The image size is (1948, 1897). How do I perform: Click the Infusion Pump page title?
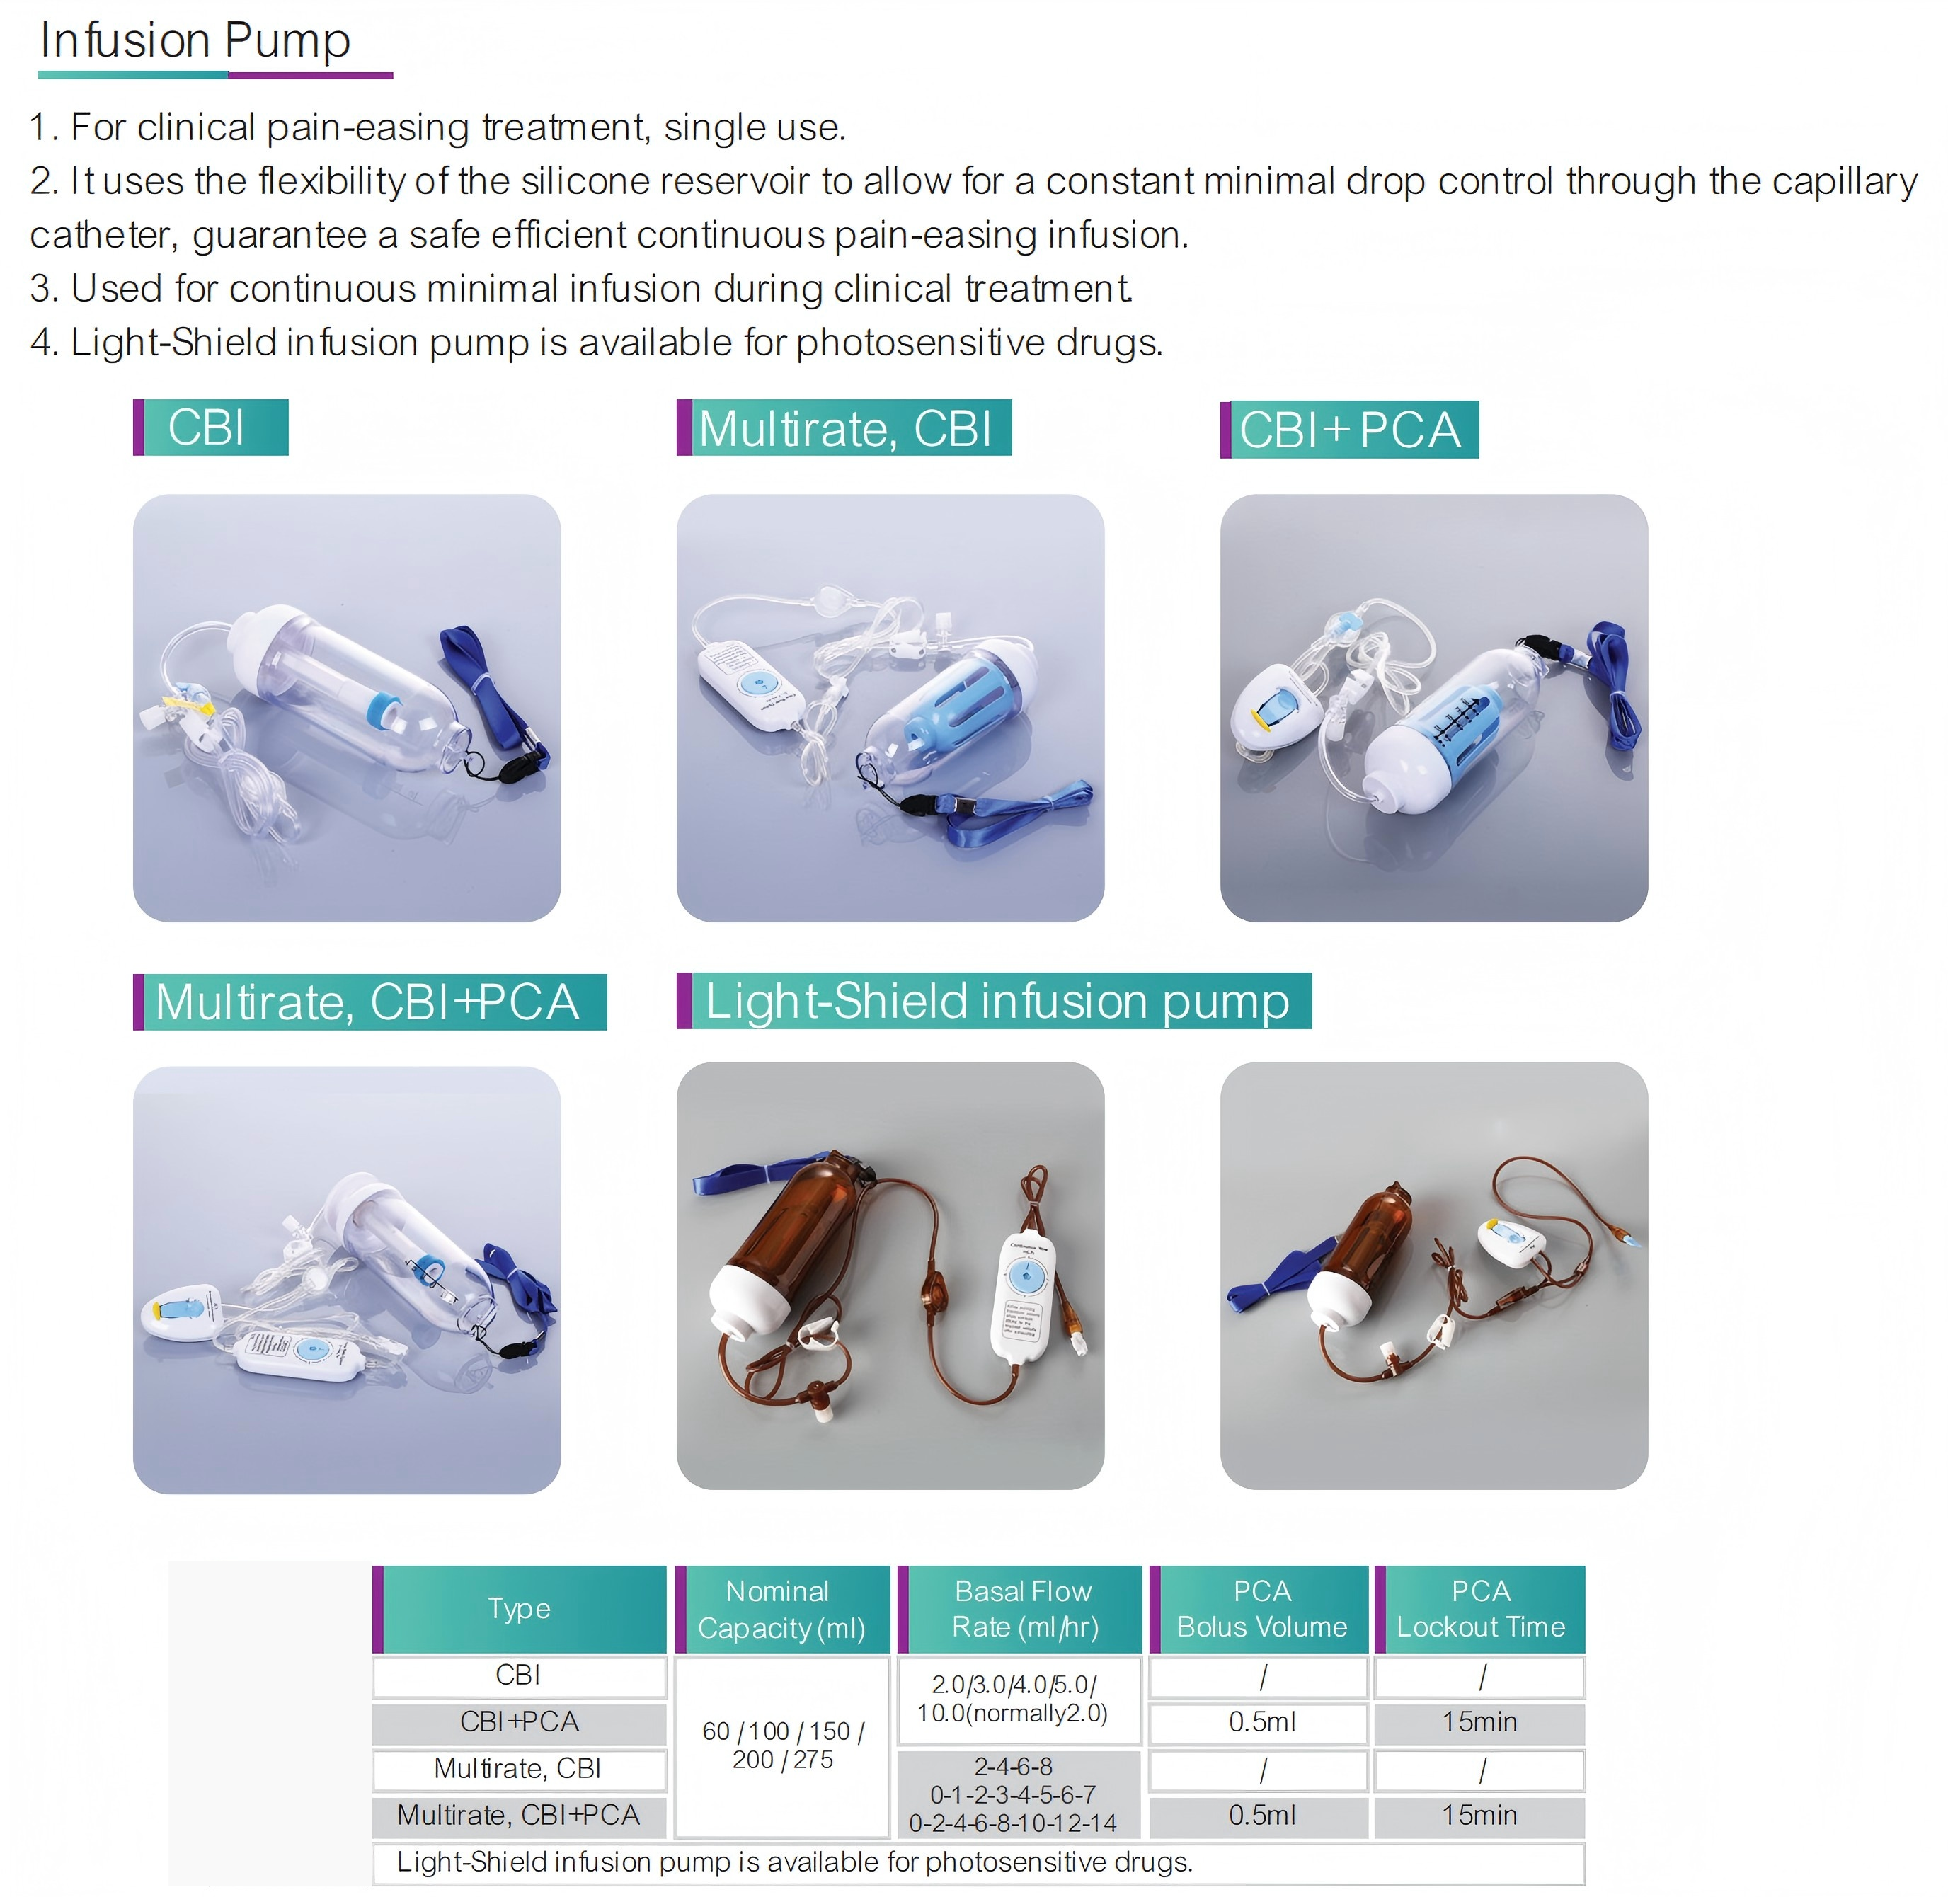pos(195,42)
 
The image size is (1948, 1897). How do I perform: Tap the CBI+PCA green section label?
pos(1349,430)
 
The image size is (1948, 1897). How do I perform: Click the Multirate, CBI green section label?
pos(844,428)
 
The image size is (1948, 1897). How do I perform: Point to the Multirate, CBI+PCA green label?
pos(369,1002)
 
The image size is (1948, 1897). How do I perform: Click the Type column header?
pos(519,1609)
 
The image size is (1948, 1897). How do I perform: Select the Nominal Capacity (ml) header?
pos(782,1609)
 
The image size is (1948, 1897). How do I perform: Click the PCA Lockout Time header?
pos(1479,1609)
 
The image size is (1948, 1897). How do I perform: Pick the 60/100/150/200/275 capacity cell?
pos(782,1746)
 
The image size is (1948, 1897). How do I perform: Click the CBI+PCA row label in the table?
pos(519,1723)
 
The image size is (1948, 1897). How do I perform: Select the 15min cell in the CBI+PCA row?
pos(1479,1723)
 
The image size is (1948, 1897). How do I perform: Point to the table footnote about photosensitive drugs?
pos(794,1862)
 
